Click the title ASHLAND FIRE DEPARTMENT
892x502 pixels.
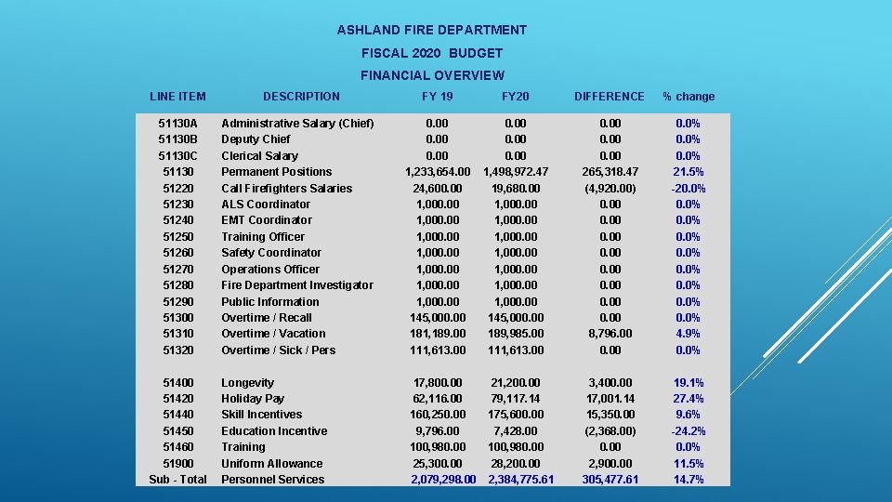431,30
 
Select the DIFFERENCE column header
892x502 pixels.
609,96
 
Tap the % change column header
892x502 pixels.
689,97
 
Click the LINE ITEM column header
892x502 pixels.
177,96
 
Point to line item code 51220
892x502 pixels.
177,188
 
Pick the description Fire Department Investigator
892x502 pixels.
296,285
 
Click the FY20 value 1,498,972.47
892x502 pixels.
516,172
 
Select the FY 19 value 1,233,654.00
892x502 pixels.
437,172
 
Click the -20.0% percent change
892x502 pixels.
689,188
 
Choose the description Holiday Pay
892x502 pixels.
253,399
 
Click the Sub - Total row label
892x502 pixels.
177,480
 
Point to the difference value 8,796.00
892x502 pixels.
610,334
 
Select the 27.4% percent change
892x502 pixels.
689,399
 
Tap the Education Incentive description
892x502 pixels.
274,431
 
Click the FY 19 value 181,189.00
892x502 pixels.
437,334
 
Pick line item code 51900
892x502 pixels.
177,464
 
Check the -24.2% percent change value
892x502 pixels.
689,431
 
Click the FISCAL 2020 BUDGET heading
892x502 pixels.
431,53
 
